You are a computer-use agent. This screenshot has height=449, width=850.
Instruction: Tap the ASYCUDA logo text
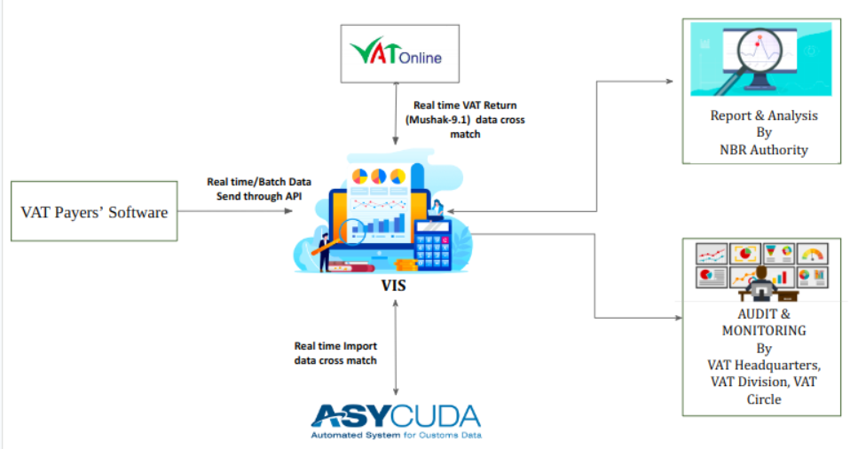[x=395, y=415]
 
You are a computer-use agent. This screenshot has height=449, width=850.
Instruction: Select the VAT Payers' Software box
[x=95, y=211]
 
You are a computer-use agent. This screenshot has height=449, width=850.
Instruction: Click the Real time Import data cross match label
[x=336, y=353]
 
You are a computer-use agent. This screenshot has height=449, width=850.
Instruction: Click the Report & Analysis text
[x=764, y=115]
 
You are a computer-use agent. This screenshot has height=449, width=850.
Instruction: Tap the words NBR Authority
[x=764, y=149]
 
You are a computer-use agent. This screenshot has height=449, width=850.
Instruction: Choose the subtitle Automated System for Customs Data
[x=396, y=436]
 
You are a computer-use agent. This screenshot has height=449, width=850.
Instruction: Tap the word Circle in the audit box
[x=764, y=399]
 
